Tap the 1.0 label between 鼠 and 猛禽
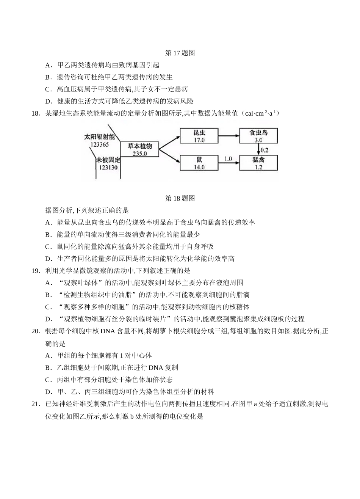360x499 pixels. (x=228, y=159)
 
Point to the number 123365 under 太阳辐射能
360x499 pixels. (x=99, y=145)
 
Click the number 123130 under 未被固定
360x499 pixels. (x=108, y=167)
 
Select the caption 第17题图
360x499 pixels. (x=180, y=53)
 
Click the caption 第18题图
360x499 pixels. (x=180, y=198)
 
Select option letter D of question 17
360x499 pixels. (x=48, y=101)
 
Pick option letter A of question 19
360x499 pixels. (x=48, y=283)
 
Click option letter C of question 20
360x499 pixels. (x=48, y=380)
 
